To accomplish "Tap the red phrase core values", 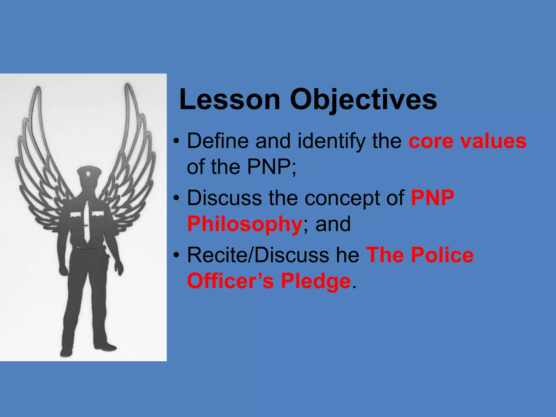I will coord(467,141).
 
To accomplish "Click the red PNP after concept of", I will coord(432,198).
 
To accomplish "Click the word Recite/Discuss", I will coord(258,255).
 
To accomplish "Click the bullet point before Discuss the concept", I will coord(176,198).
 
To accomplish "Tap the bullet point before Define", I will coord(176,141).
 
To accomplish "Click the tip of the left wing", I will coord(38,89).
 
